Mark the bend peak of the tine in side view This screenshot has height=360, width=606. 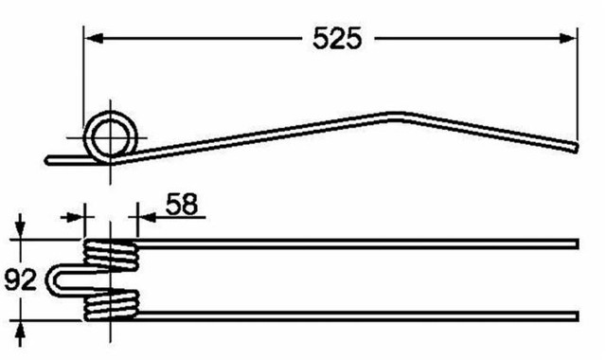tap(396, 115)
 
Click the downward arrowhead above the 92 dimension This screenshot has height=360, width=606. tap(21, 231)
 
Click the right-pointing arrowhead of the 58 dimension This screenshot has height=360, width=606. tap(76, 217)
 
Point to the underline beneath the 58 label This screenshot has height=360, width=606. tap(180, 217)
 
